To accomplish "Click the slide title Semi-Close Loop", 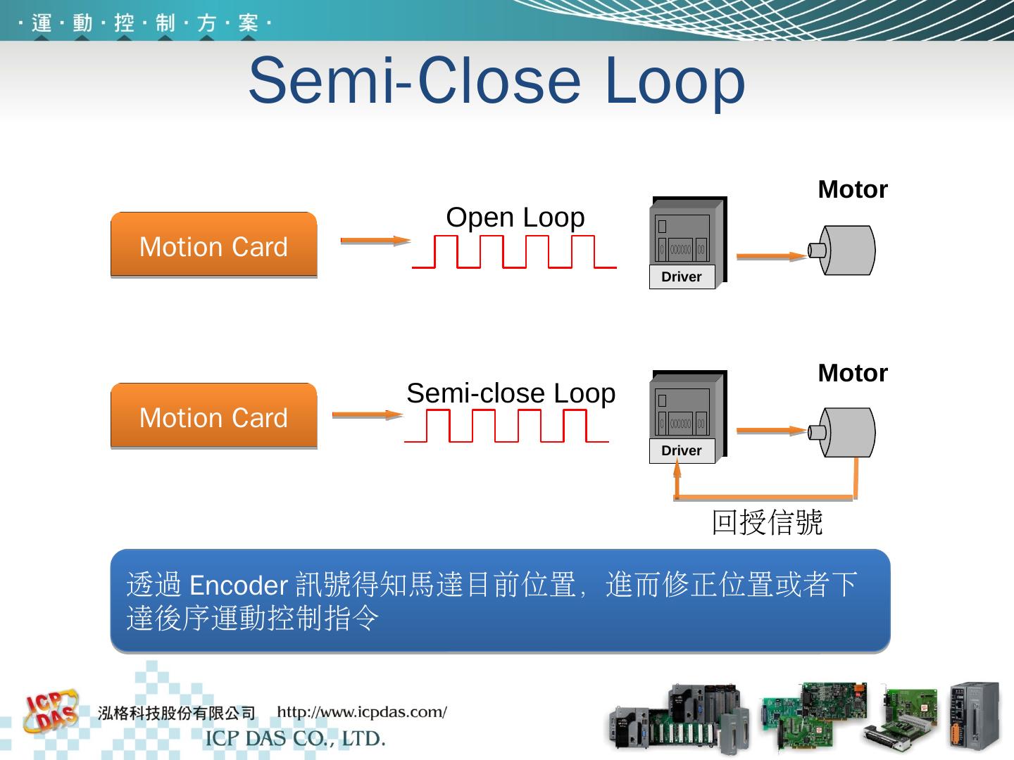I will [496, 80].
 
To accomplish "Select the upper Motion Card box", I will [213, 246].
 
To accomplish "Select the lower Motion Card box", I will [213, 417].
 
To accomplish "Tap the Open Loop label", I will [515, 217].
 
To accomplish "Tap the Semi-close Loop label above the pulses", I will [511, 393].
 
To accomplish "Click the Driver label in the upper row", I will [682, 277].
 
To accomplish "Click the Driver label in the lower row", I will [682, 451].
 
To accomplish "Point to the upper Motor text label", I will [852, 190].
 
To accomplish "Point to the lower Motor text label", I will [852, 374].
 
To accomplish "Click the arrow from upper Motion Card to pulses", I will [375, 241].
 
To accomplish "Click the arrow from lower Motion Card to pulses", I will [367, 414].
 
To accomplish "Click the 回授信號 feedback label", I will [767, 523].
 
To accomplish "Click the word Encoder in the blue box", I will [239, 585].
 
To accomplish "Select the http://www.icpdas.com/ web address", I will [362, 712].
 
